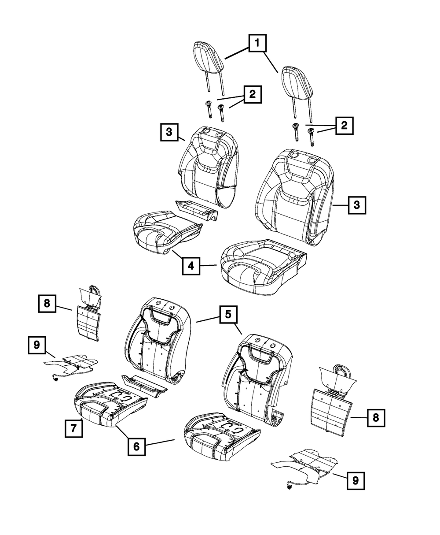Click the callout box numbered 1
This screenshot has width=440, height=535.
(x=258, y=44)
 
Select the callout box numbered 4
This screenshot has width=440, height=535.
(x=191, y=266)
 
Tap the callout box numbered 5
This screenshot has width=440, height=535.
(x=228, y=315)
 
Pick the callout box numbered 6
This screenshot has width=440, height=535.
(x=136, y=446)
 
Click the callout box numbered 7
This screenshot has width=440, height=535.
(x=73, y=428)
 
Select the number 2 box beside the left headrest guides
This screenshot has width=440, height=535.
(x=252, y=95)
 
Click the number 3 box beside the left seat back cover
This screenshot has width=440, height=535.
(x=169, y=132)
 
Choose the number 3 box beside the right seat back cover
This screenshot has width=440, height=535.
(x=357, y=205)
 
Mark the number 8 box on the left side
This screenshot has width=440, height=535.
(x=47, y=304)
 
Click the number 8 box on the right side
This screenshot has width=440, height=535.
(x=376, y=417)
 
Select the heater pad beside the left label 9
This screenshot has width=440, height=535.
(x=73, y=362)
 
